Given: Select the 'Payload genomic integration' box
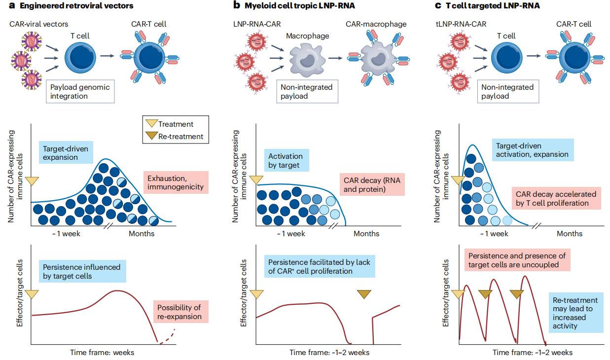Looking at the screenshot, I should point(80,91).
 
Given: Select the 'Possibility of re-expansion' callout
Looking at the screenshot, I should point(180,312).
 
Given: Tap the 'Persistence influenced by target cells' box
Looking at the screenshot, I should point(81,271).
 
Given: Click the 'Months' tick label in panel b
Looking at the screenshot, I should point(366,233).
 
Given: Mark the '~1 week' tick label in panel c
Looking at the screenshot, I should point(494,233).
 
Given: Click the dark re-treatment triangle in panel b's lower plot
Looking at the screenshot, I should point(364,294).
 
